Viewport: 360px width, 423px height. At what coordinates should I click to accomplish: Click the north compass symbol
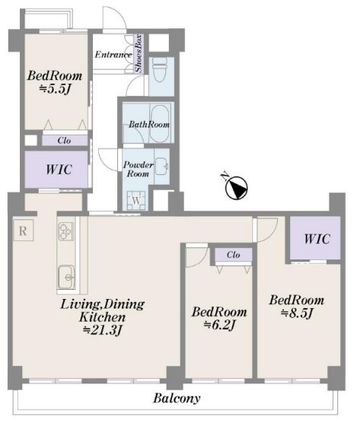[236, 187]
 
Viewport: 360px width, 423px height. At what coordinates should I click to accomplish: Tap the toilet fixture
[161, 69]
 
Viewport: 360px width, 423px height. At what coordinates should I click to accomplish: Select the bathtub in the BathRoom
[160, 123]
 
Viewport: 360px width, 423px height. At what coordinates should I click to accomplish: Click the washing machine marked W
[136, 200]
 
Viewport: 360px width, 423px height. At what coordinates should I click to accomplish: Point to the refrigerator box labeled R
[23, 230]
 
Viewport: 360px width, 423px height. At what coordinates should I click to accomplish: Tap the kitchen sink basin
[66, 278]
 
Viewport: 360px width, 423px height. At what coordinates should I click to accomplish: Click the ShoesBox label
[139, 53]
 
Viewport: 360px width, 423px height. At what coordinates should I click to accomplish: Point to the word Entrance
[113, 55]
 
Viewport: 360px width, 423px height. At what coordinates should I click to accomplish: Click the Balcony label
[177, 398]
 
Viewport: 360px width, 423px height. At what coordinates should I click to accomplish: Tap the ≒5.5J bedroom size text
[55, 89]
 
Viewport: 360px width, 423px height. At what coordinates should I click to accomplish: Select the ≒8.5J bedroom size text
[297, 313]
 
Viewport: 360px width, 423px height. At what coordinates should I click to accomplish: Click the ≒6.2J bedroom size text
[219, 325]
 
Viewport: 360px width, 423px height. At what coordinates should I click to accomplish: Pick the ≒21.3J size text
[103, 330]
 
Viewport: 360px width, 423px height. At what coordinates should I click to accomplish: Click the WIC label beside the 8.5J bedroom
[317, 239]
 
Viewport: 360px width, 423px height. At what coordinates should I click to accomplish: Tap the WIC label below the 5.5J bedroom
[59, 170]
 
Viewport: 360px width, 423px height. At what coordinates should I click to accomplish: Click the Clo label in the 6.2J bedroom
[234, 255]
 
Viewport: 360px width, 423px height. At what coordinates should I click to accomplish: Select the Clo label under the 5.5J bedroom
[65, 141]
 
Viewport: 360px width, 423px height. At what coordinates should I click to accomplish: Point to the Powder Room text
[139, 169]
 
